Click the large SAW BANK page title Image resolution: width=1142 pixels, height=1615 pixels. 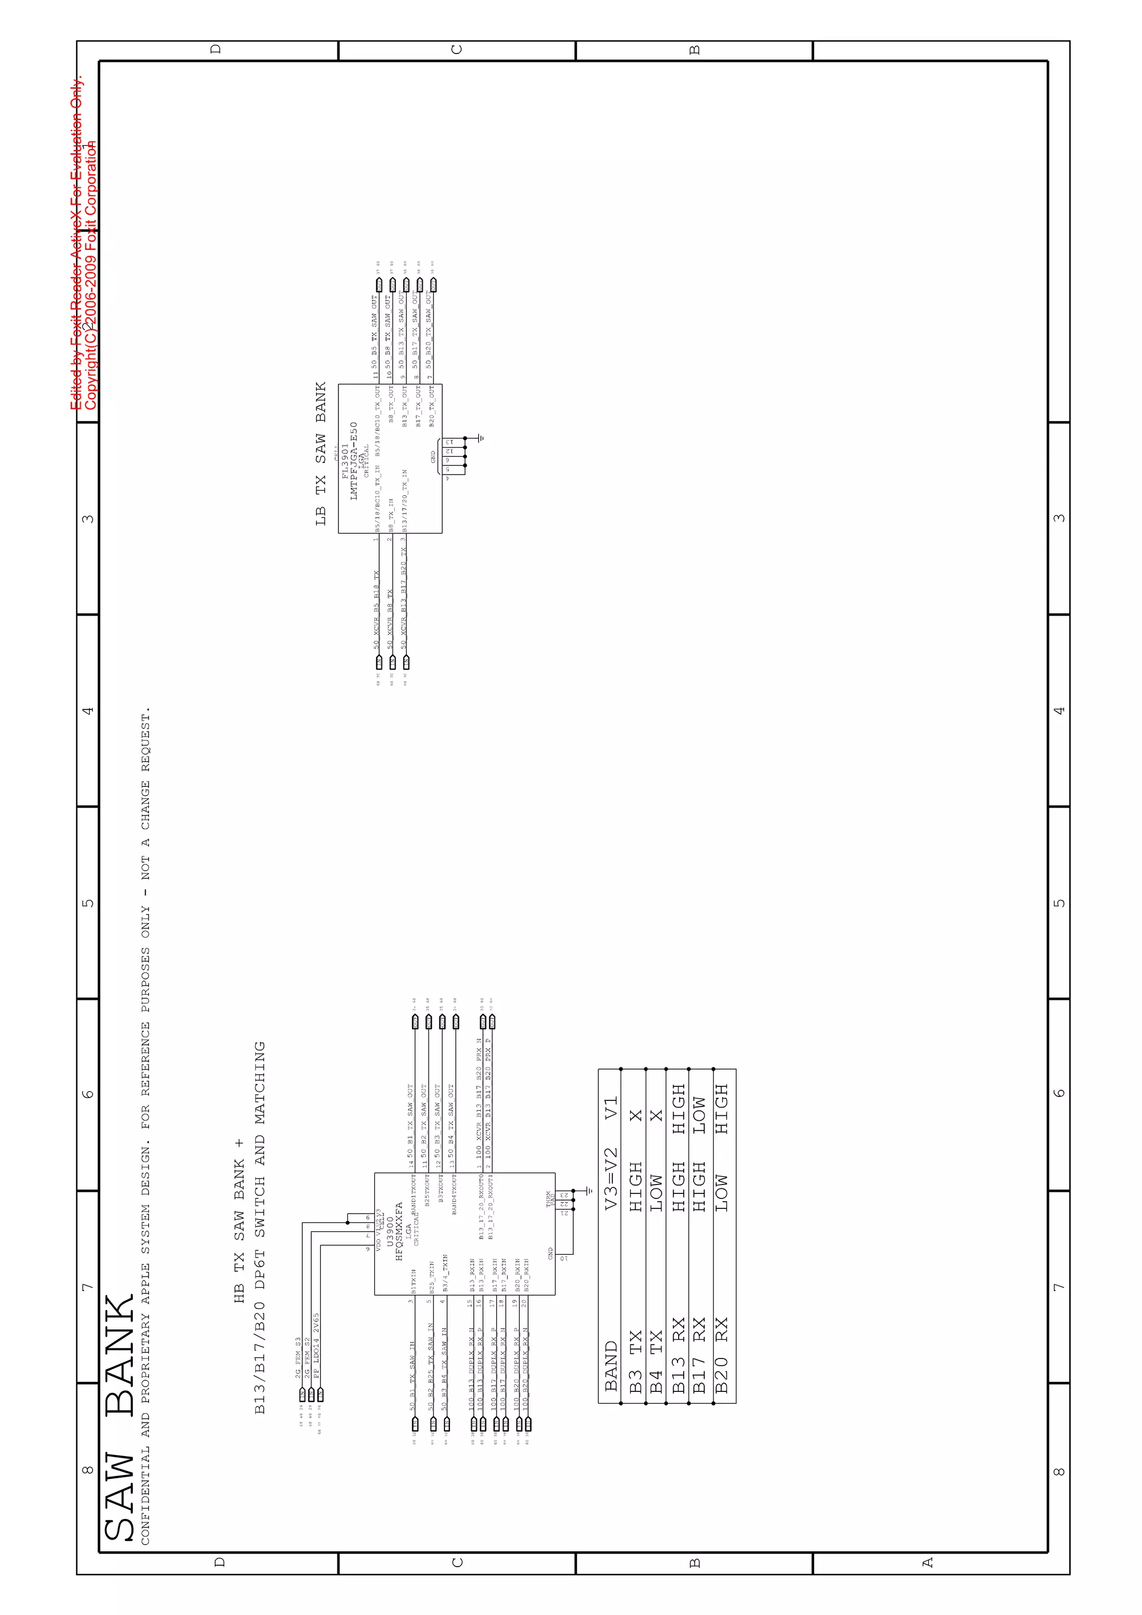coord(119,1418)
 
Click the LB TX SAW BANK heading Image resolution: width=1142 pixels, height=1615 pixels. coord(321,454)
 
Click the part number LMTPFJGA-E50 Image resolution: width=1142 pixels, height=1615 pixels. coord(354,461)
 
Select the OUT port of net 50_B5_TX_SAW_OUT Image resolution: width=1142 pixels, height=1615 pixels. coord(378,285)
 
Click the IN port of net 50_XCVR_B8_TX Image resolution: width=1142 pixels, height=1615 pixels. coord(393,663)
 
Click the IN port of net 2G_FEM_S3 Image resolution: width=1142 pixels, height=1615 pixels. coord(302,1394)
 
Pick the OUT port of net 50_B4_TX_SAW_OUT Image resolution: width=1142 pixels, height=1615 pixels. coord(456,1022)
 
